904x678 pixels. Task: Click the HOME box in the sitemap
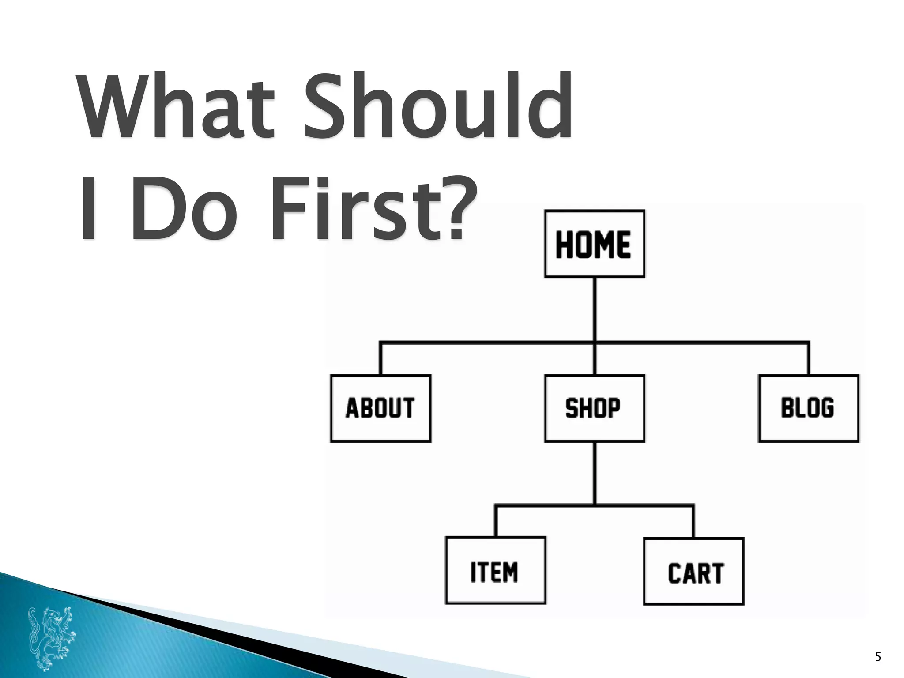pyautogui.click(x=594, y=244)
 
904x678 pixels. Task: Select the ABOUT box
pyautogui.click(x=380, y=408)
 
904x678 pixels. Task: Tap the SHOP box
pyautogui.click(x=594, y=408)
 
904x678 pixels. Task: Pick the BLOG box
pyautogui.click(x=808, y=408)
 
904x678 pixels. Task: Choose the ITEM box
pyautogui.click(x=495, y=570)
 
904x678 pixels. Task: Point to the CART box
pyautogui.click(x=693, y=571)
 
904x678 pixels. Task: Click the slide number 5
pyautogui.click(x=878, y=657)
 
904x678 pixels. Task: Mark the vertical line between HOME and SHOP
pyautogui.click(x=595, y=309)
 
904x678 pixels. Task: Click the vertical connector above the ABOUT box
pyautogui.click(x=380, y=358)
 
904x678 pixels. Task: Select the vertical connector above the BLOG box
pyautogui.click(x=808, y=358)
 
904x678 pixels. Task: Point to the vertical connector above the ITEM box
pyautogui.click(x=496, y=521)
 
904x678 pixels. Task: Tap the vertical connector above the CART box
pyautogui.click(x=693, y=521)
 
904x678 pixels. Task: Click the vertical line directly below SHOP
pyautogui.click(x=595, y=472)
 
